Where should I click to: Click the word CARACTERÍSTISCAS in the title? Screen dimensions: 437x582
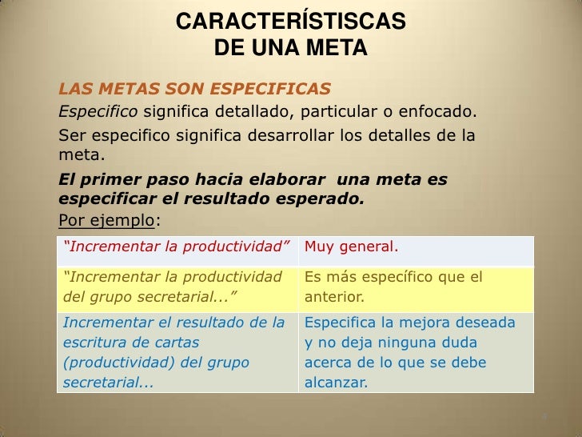(290, 23)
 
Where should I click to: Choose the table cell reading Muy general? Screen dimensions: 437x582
(351, 247)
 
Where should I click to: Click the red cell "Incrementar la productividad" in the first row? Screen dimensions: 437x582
(177, 247)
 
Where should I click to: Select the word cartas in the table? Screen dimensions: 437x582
(177, 343)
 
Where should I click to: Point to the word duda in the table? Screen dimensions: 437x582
(484, 343)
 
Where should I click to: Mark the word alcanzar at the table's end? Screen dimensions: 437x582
(336, 383)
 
